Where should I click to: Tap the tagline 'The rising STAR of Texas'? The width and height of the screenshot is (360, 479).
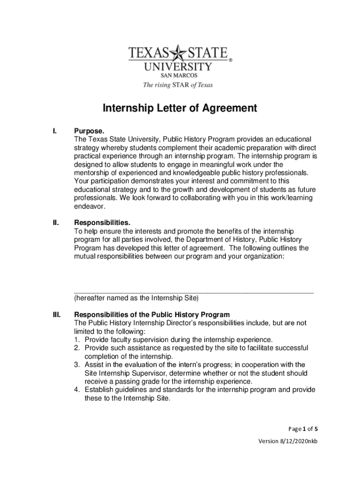tap(178, 85)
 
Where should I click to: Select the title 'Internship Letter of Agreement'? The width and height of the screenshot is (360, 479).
tap(180, 109)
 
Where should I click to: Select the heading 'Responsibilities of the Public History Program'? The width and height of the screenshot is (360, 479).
tap(152, 314)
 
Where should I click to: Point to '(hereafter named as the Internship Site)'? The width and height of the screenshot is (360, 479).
tap(136, 298)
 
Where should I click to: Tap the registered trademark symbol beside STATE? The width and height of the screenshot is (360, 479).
tap(230, 60)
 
